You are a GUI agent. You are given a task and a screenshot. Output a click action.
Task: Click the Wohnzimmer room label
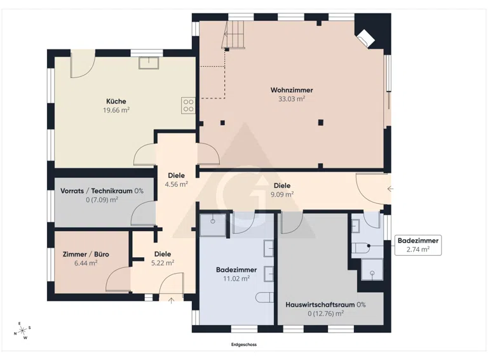(x=292, y=90)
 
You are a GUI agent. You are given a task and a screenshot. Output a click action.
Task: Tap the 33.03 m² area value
(x=292, y=99)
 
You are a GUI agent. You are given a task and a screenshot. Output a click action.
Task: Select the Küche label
(x=116, y=101)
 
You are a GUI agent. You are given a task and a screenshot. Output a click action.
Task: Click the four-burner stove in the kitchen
(x=188, y=105)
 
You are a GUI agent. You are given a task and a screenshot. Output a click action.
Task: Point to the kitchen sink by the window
(x=149, y=63)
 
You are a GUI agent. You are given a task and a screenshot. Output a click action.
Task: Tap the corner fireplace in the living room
(x=366, y=39)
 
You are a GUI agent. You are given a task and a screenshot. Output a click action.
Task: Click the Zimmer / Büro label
(x=86, y=255)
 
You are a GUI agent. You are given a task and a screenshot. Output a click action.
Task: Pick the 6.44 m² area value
(x=86, y=263)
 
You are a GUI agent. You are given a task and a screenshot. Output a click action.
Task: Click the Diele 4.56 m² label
(x=176, y=180)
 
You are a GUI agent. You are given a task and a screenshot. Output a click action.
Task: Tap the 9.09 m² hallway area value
(x=282, y=194)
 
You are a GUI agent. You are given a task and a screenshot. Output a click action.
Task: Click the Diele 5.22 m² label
(x=163, y=258)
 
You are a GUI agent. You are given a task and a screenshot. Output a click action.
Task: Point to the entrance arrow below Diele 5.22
(x=171, y=300)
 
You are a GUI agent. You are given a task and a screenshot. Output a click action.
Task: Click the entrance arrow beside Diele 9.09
(x=391, y=189)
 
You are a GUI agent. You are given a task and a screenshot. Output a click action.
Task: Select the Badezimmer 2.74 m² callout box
(x=418, y=245)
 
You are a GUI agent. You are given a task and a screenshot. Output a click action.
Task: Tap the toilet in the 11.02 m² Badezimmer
(x=265, y=298)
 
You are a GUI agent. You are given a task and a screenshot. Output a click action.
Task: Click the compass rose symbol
(x=22, y=331)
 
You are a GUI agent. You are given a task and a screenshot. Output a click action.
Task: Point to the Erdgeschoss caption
(x=244, y=345)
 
